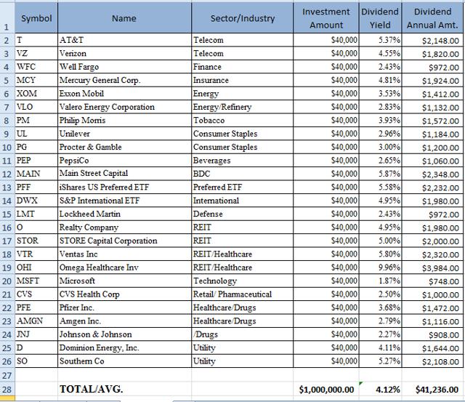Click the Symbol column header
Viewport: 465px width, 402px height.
click(36, 18)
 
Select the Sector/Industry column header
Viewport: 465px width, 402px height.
click(243, 18)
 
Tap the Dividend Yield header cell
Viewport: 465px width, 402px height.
click(380, 18)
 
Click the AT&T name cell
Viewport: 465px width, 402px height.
click(71, 40)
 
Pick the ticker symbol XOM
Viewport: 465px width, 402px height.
click(27, 94)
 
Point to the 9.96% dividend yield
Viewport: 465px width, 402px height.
click(389, 268)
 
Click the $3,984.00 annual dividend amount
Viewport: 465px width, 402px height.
click(440, 268)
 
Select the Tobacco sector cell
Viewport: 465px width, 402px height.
click(209, 120)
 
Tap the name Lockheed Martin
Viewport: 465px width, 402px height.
click(90, 214)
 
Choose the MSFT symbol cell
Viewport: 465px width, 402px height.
click(28, 281)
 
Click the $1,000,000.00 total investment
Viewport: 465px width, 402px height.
click(326, 389)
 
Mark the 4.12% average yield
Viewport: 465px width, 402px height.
click(387, 389)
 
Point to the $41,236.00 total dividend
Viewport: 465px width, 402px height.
click(437, 389)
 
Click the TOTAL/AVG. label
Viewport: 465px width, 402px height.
click(92, 389)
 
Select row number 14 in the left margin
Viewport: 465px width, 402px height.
click(7, 201)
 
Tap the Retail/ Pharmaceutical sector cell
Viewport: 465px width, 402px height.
click(232, 294)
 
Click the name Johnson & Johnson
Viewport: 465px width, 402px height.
click(95, 334)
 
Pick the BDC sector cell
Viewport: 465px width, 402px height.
click(202, 174)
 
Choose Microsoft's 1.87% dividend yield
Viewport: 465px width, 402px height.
click(389, 281)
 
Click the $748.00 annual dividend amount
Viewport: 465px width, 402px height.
click(444, 281)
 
